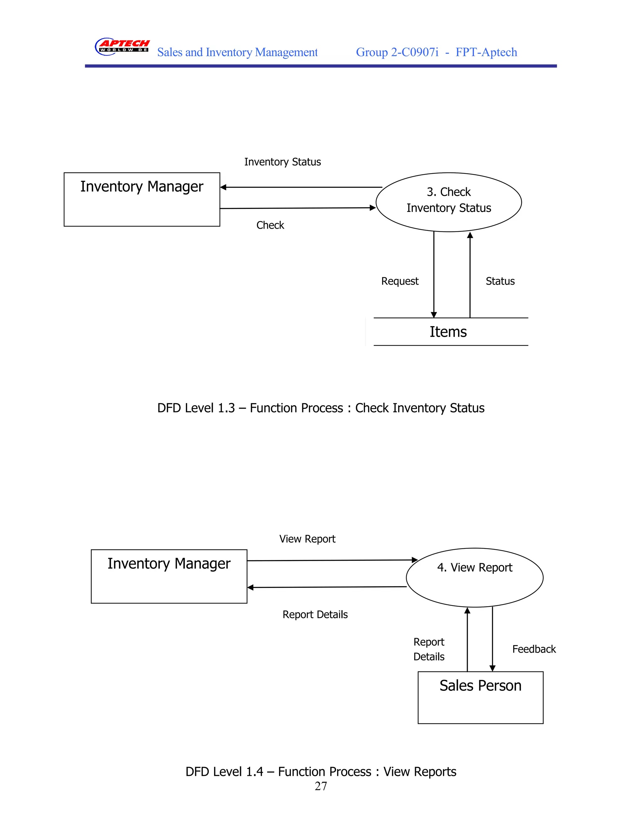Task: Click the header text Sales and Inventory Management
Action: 237,52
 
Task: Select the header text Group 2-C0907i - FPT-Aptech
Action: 436,52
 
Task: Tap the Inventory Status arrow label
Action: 282,162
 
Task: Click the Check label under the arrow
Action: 270,225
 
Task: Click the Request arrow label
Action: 400,281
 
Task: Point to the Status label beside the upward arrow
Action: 500,281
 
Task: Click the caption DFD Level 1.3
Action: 321,408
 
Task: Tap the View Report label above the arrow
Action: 307,539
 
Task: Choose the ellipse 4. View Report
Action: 474,578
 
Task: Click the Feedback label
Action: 534,649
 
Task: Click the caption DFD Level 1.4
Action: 321,772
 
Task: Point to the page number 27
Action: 321,786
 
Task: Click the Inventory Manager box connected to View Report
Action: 169,576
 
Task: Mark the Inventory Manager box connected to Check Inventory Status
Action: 142,199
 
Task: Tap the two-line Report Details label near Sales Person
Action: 429,649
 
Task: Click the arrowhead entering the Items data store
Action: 434,315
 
